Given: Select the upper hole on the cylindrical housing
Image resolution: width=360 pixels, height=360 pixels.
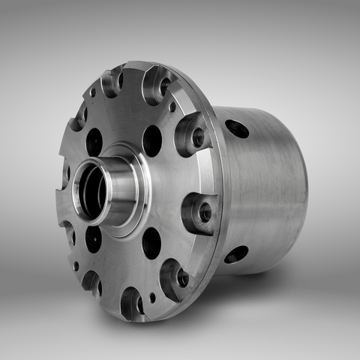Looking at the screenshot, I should pos(237,128).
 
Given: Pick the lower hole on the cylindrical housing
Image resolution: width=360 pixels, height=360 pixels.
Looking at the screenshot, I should pos(236,254).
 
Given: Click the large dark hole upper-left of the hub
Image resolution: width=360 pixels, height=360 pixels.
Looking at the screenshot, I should pos(94,141).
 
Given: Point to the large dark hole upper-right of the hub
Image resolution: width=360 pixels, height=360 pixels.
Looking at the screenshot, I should pos(151,139).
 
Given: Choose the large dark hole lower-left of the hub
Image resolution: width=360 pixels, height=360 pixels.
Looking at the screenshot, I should pos(93,238).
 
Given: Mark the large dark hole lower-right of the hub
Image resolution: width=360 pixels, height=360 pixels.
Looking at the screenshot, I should pos(151,242).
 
